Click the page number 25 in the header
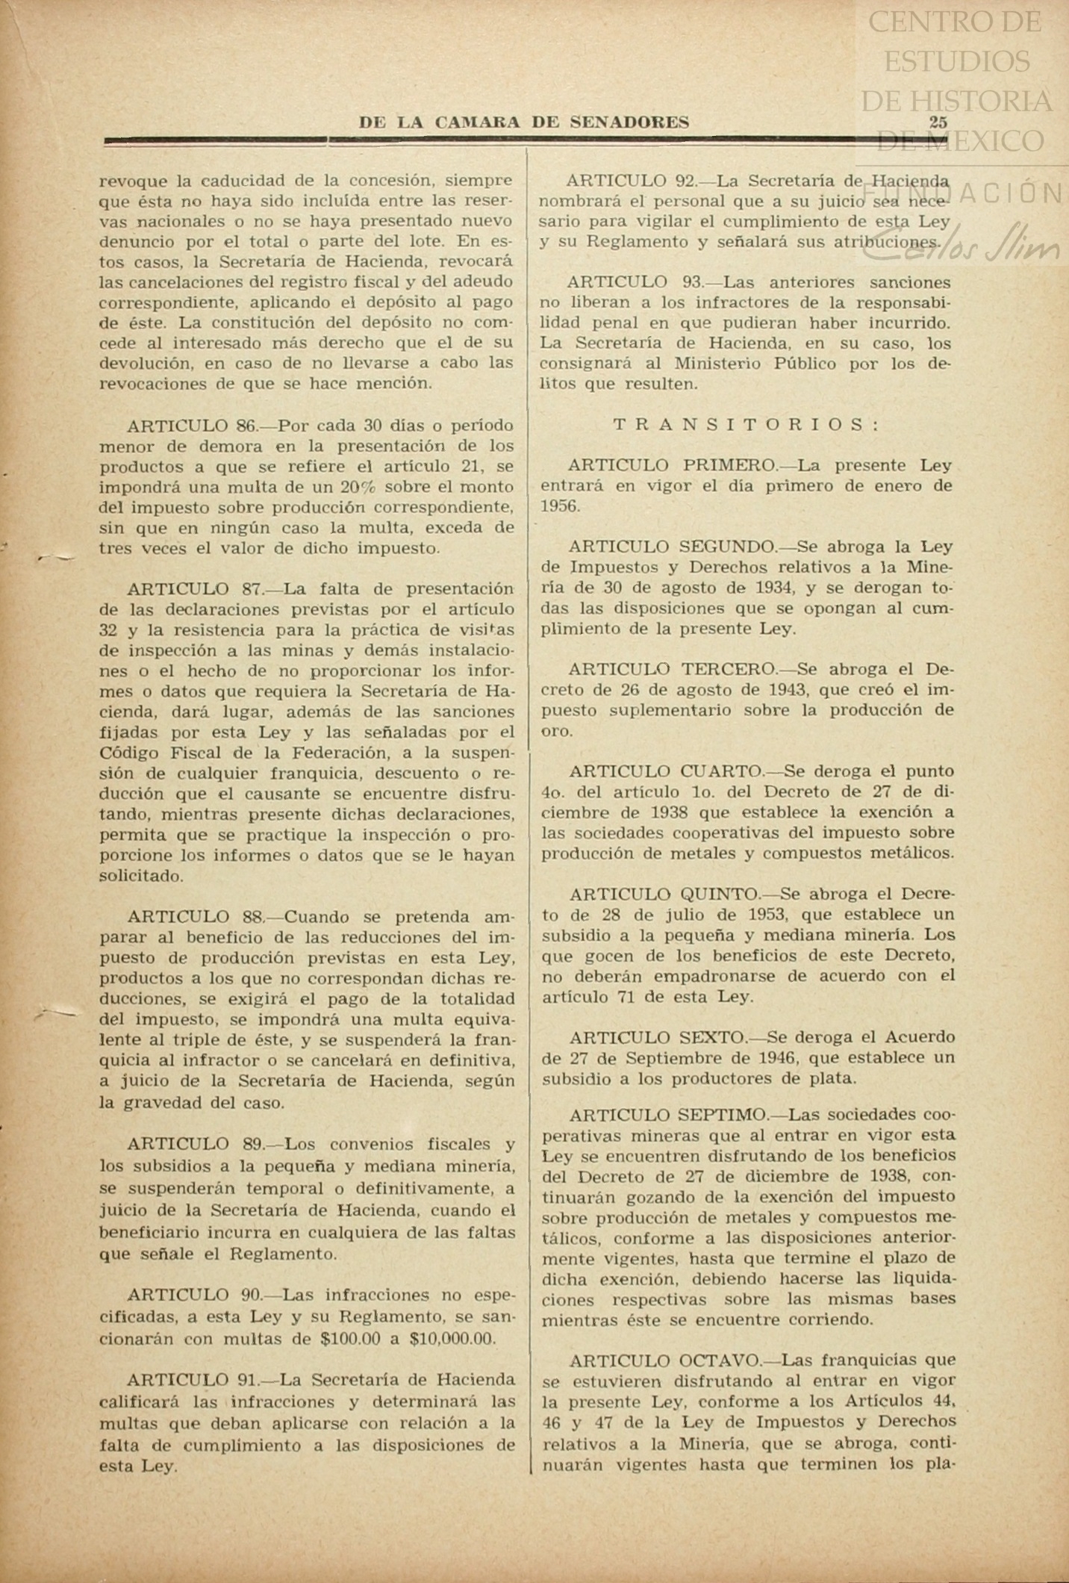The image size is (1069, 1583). click(938, 122)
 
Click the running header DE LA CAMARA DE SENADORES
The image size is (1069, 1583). click(524, 122)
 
